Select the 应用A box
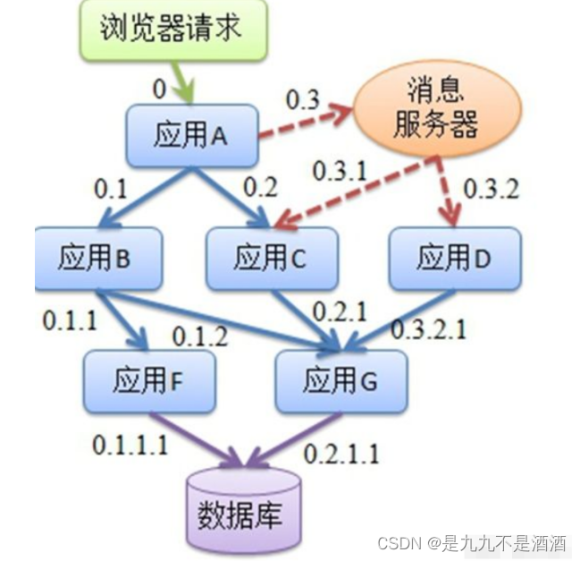coord(191,136)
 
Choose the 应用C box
coord(270,259)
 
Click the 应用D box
coord(454,258)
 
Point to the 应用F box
coord(149,380)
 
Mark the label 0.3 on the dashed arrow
coord(302,99)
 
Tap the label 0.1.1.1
coord(130,445)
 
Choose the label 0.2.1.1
coord(341,454)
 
